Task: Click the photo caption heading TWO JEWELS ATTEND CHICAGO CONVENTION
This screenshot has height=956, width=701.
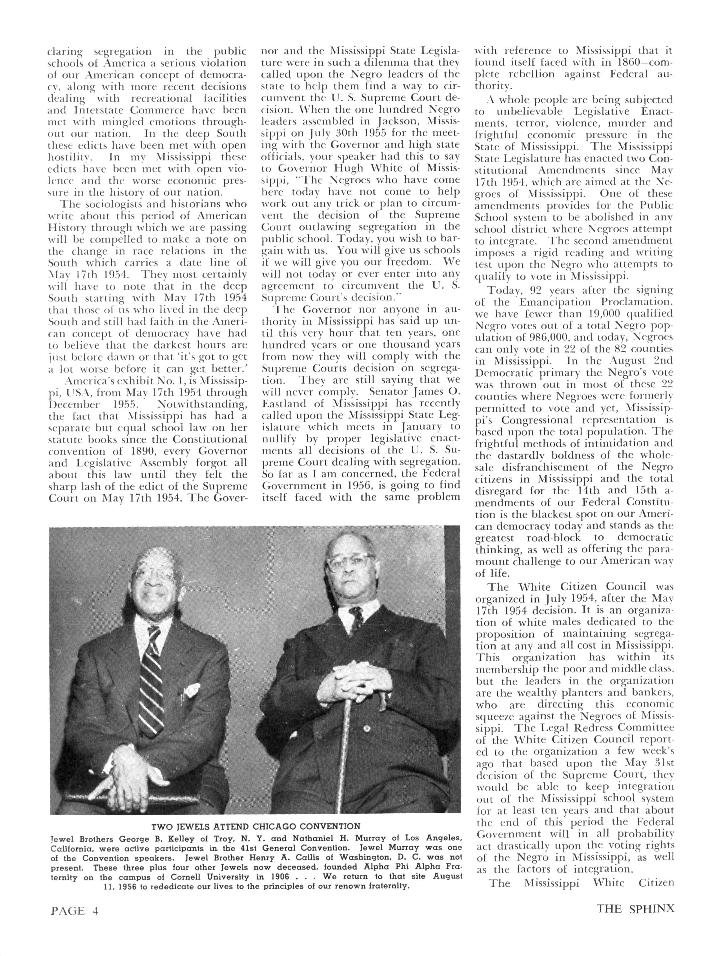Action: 256,826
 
